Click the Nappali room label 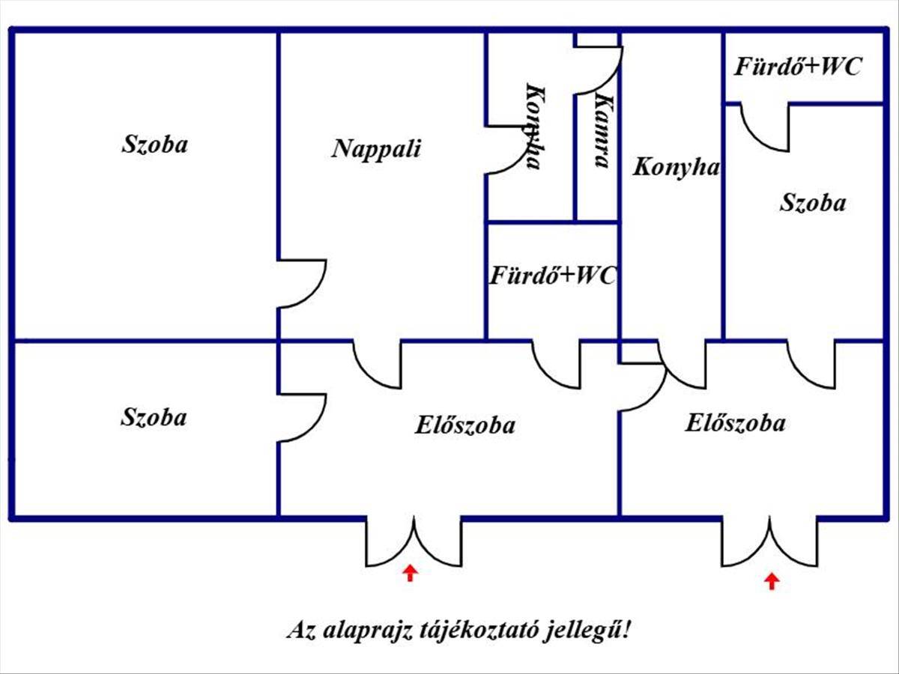pos(376,149)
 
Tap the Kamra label pos(604,132)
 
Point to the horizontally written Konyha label pos(676,167)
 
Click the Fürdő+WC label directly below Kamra pos(554,276)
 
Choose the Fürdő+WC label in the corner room pos(798,67)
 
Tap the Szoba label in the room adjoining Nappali pos(155,145)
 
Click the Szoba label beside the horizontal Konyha pos(813,203)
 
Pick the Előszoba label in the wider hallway pos(465,425)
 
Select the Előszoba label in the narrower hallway pos(735,422)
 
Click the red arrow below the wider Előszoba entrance pos(410,573)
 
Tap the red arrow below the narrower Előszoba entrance pos(772,581)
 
